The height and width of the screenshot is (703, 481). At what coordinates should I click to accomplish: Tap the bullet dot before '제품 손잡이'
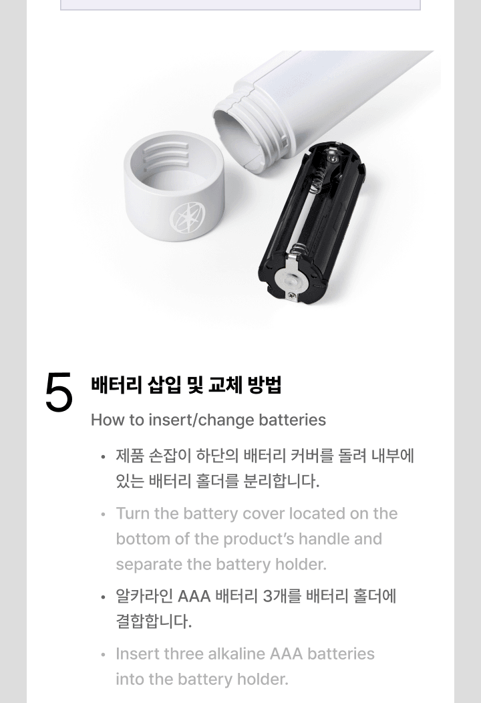103,458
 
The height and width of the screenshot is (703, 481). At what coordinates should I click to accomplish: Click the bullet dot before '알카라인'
103,597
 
